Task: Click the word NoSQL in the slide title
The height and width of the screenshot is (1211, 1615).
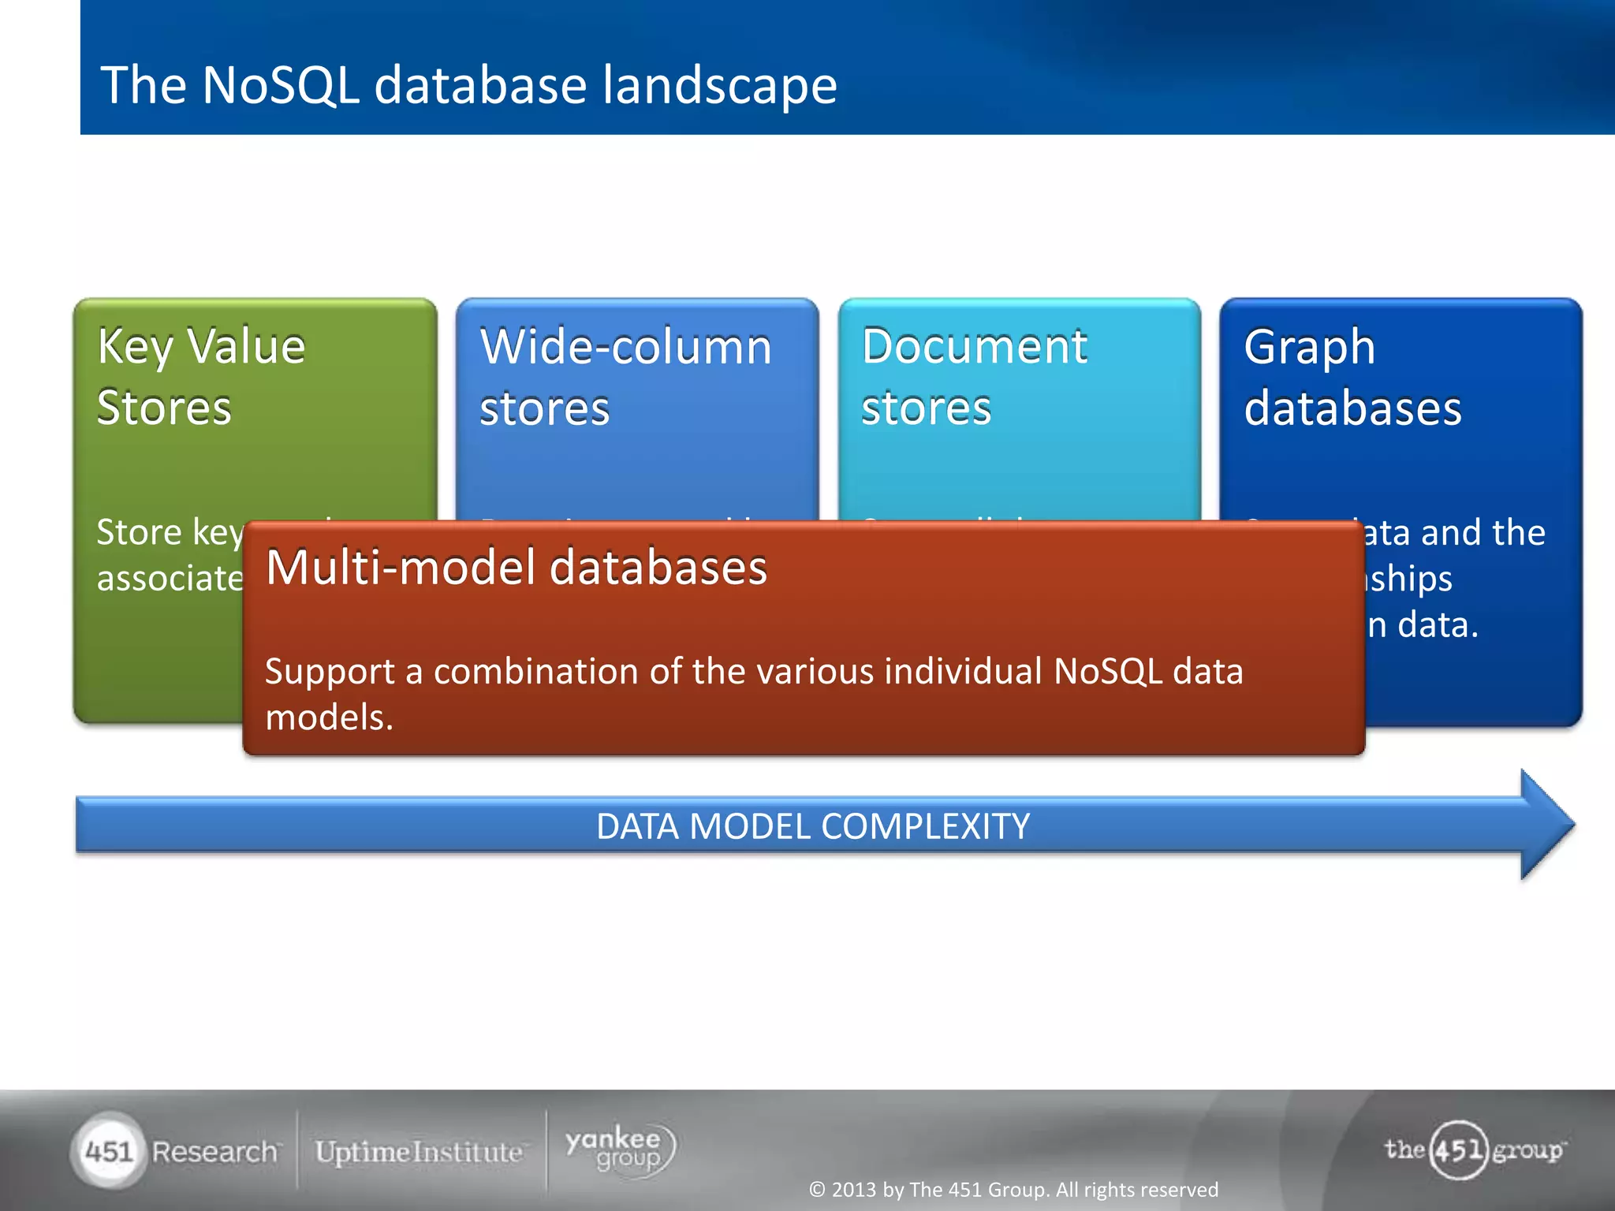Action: point(281,85)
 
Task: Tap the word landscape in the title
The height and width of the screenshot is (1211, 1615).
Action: point(718,85)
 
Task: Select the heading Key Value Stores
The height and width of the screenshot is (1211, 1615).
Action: point(201,377)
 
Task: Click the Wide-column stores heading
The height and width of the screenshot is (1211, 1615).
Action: point(625,377)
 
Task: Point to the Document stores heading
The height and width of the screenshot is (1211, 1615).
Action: point(974,377)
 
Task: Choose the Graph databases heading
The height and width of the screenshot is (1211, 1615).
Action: point(1352,377)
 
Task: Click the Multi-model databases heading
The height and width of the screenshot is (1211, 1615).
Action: point(516,568)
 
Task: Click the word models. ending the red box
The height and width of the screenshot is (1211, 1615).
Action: point(329,717)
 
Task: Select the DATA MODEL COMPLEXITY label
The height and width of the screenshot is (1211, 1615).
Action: point(812,826)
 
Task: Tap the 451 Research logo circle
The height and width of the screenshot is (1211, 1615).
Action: point(109,1151)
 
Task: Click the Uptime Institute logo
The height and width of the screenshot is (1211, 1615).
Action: point(419,1152)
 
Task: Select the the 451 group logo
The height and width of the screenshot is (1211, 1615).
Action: point(1473,1150)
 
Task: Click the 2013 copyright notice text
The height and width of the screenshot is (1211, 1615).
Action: point(1013,1189)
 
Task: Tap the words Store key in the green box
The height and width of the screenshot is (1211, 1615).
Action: point(169,532)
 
